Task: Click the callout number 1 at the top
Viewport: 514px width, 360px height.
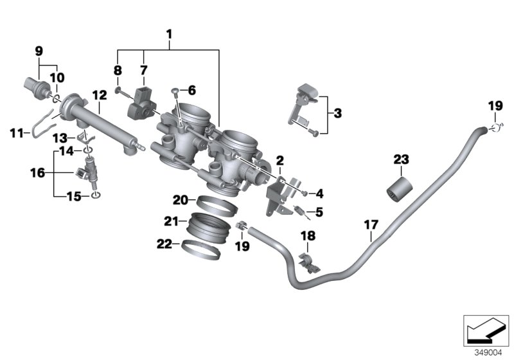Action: tap(170, 33)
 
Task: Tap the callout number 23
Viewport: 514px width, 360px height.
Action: tap(401, 159)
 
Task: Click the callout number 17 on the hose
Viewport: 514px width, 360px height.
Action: tap(371, 226)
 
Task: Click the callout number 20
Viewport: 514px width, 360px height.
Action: tap(180, 200)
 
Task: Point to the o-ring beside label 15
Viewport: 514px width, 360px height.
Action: tap(95, 196)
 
